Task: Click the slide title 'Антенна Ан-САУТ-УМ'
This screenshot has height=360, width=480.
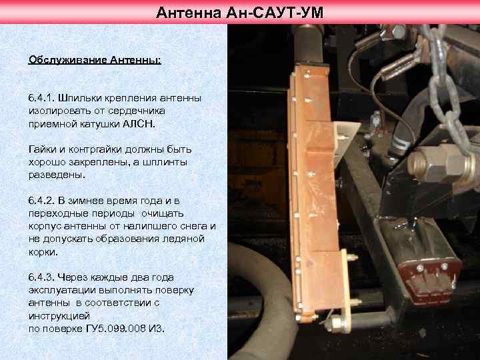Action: coord(240,11)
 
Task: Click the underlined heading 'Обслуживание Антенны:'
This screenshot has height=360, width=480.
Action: coord(94,59)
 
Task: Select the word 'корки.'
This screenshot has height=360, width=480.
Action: coord(44,251)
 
